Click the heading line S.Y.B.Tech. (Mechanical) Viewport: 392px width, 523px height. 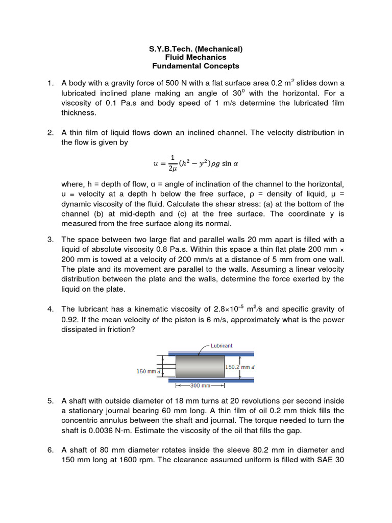(x=196, y=49)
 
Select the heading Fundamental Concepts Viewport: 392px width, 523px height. (x=196, y=66)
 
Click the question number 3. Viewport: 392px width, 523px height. (x=51, y=240)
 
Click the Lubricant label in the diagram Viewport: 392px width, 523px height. (x=222, y=346)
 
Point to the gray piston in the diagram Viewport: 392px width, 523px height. (x=200, y=366)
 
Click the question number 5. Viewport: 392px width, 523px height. (x=51, y=401)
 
